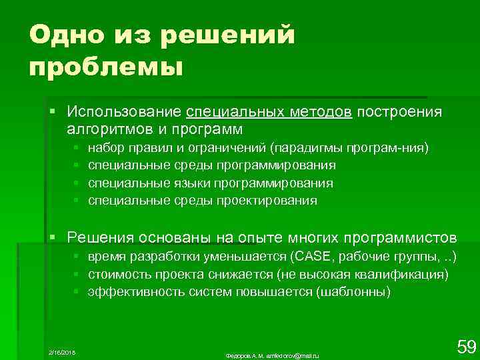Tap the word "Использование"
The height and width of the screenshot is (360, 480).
(125, 111)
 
